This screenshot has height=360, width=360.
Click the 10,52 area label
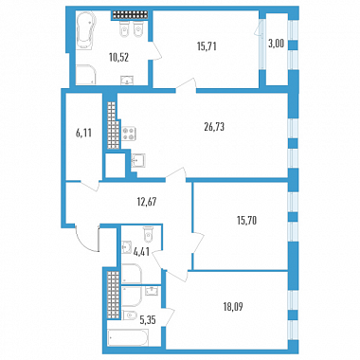[119, 58]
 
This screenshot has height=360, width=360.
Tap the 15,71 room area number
[207, 46]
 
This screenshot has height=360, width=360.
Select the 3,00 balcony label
[276, 44]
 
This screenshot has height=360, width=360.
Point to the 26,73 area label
[214, 127]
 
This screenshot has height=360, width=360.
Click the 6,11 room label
[83, 134]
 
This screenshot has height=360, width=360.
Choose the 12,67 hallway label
[146, 201]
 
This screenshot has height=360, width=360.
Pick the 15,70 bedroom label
[246, 221]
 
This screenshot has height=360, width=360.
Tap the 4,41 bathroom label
[141, 252]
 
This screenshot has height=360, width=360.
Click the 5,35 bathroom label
[148, 320]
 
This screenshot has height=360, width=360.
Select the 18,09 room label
[233, 307]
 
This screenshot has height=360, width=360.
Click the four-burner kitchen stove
[129, 134]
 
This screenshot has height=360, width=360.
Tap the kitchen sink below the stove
[138, 162]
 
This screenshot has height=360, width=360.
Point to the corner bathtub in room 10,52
[84, 30]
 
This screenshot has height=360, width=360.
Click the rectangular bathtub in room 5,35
[128, 338]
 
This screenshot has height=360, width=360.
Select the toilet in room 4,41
[148, 234]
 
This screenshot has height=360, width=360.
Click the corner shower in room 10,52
[85, 75]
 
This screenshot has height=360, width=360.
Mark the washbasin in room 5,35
[153, 291]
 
